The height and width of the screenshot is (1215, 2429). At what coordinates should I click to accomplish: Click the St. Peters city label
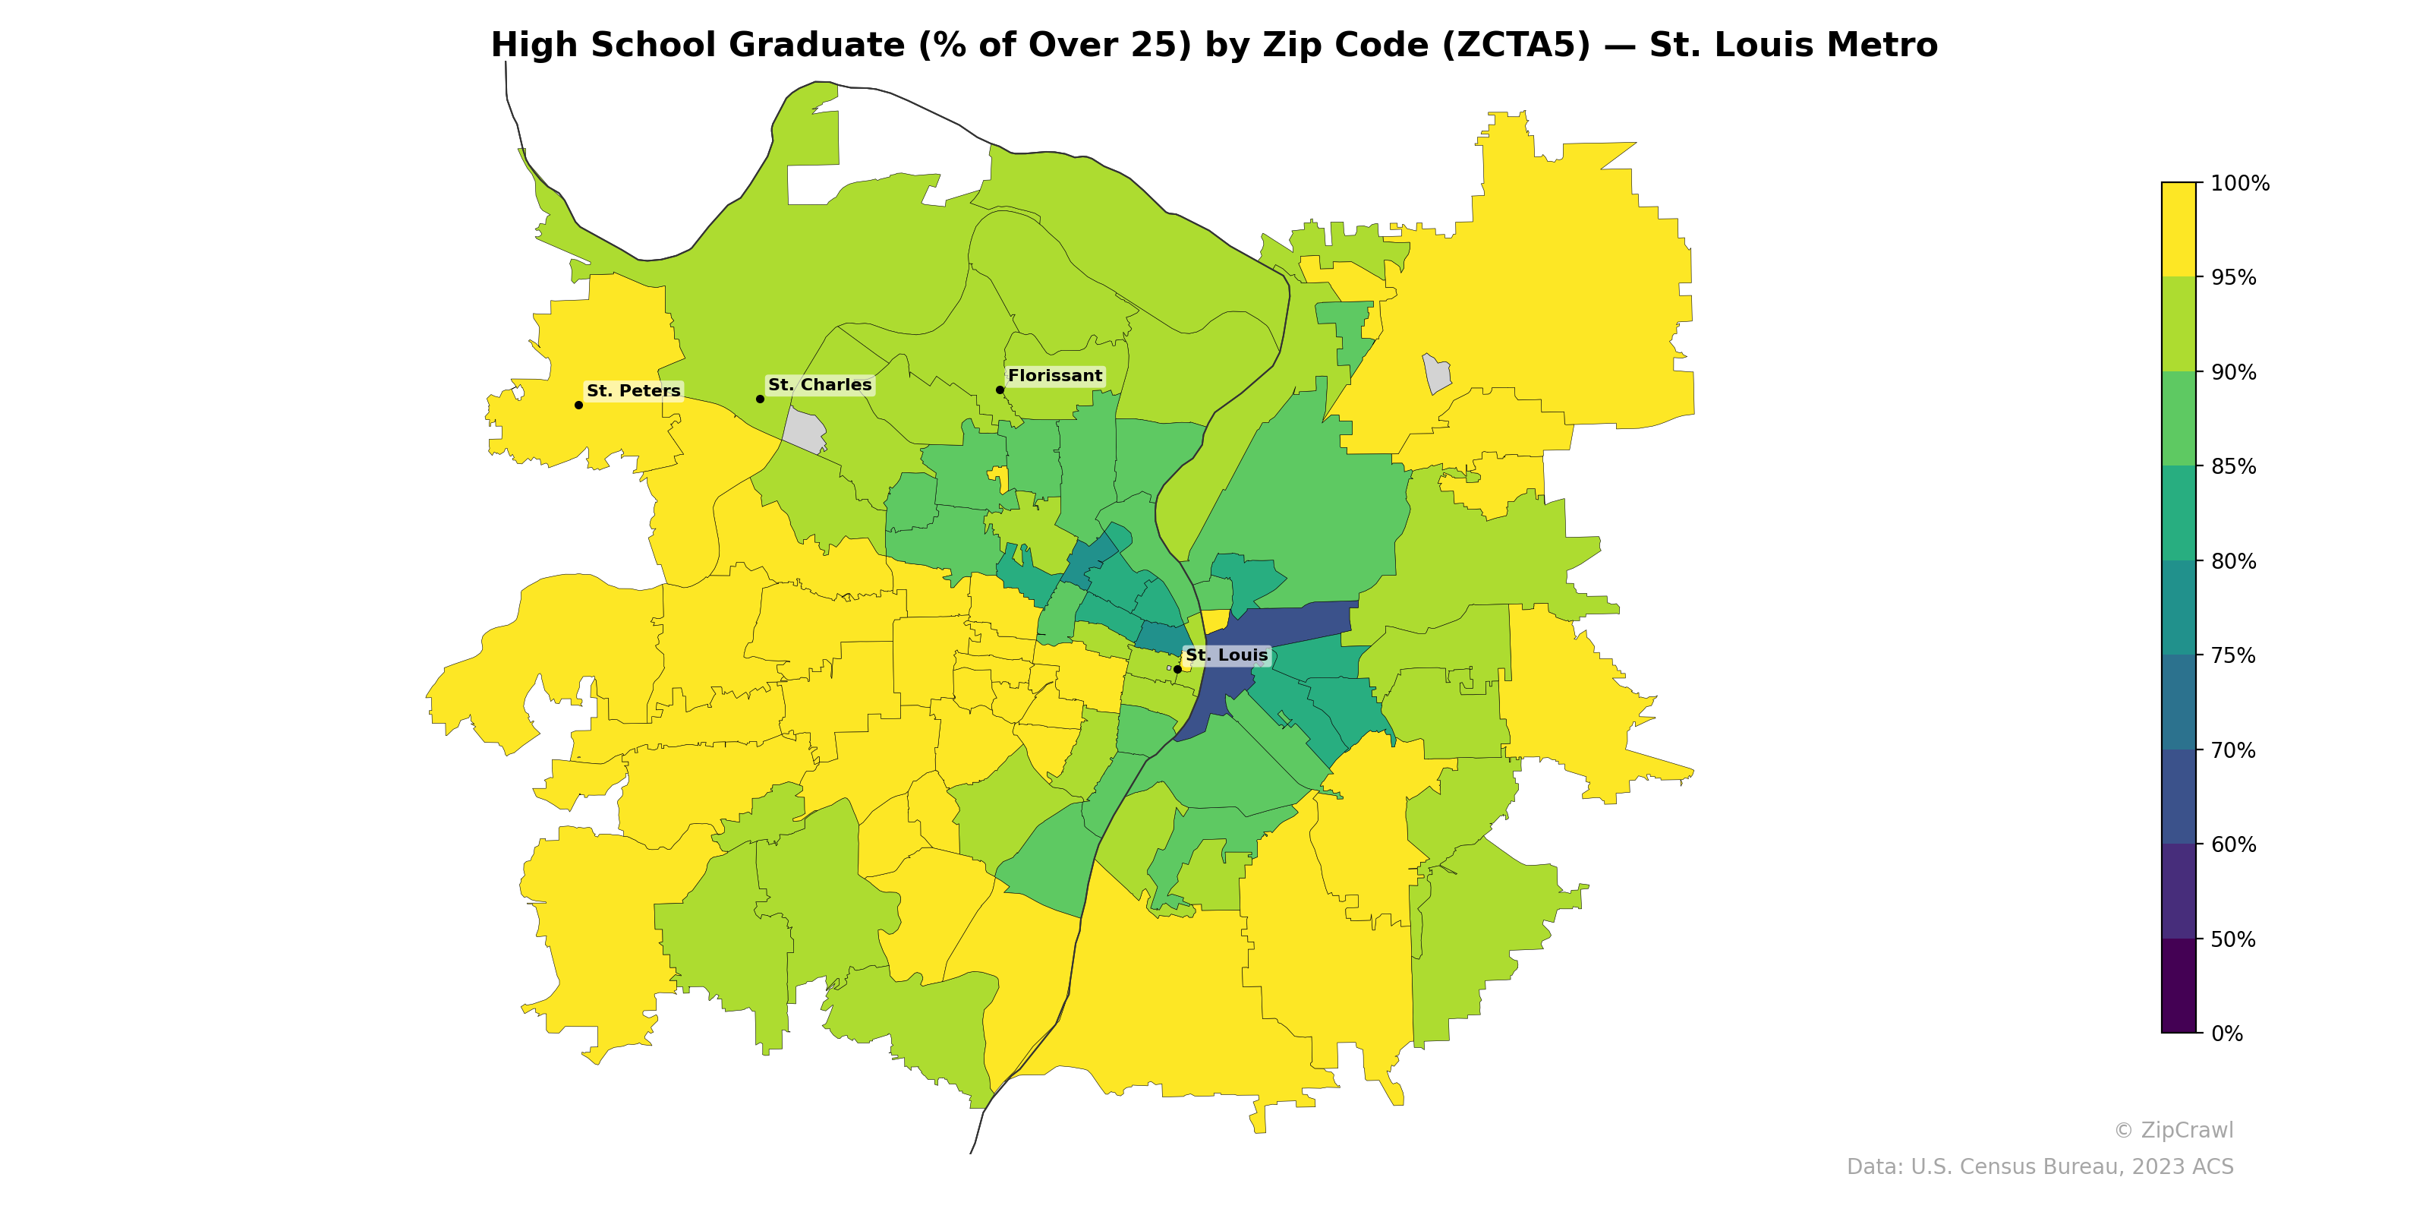(x=633, y=390)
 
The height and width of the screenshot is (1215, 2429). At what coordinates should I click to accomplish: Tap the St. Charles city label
(x=820, y=385)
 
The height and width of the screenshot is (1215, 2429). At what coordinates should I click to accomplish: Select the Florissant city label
(x=1054, y=375)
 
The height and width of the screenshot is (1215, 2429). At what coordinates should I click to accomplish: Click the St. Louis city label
(x=1226, y=655)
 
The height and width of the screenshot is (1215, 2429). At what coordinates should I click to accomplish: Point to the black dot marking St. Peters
(x=578, y=405)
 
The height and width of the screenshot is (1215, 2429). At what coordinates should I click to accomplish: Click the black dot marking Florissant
(x=1000, y=390)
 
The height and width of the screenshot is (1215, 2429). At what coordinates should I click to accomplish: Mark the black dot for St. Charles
(x=760, y=399)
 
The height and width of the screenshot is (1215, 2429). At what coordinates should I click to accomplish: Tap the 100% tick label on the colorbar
(x=2239, y=184)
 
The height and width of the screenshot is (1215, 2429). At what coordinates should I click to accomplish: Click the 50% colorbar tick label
(x=2233, y=939)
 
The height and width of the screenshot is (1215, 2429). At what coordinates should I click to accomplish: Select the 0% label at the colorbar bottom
(x=2226, y=1034)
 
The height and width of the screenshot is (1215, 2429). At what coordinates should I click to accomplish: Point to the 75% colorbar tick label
(x=2233, y=655)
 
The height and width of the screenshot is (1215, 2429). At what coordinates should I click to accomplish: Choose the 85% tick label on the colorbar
(x=2233, y=467)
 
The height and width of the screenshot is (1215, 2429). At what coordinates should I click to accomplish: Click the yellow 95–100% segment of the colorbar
(x=2179, y=229)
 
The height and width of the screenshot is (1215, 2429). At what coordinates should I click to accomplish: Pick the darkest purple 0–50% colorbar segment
(x=2179, y=986)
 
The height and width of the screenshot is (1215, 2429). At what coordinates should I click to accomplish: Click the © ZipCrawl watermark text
(x=2173, y=1130)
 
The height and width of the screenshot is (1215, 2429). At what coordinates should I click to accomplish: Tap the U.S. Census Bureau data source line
(x=2040, y=1167)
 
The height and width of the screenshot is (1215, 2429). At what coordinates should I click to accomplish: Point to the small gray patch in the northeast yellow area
(x=1436, y=374)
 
